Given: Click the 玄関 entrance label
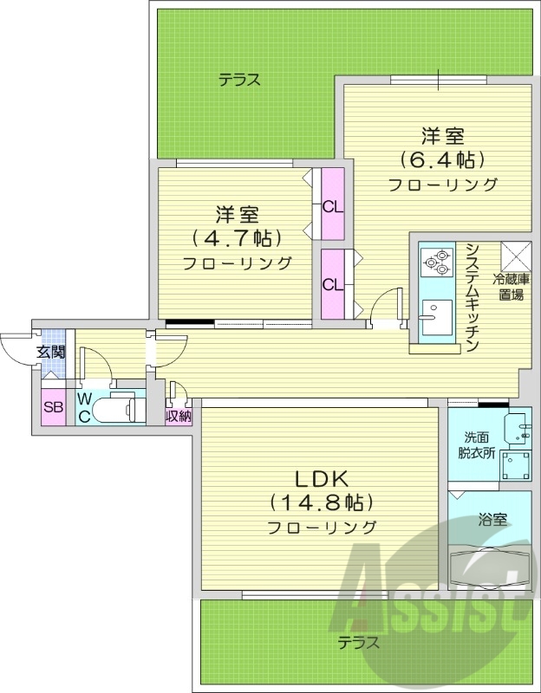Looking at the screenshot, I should tap(50, 352).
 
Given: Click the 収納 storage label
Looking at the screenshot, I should tap(179, 417).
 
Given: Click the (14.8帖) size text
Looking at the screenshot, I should tap(322, 502).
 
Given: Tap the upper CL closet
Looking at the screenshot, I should tap(332, 206).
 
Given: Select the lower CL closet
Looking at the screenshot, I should tap(332, 284).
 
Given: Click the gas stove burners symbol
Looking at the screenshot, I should tap(437, 260).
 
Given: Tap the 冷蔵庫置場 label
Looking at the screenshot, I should tap(512, 287).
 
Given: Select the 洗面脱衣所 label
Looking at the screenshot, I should tap(476, 444).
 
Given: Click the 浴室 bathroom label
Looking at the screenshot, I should tap(492, 520).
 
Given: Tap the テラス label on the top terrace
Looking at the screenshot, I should tap(239, 81).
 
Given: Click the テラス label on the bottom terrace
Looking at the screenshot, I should tap(360, 643).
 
